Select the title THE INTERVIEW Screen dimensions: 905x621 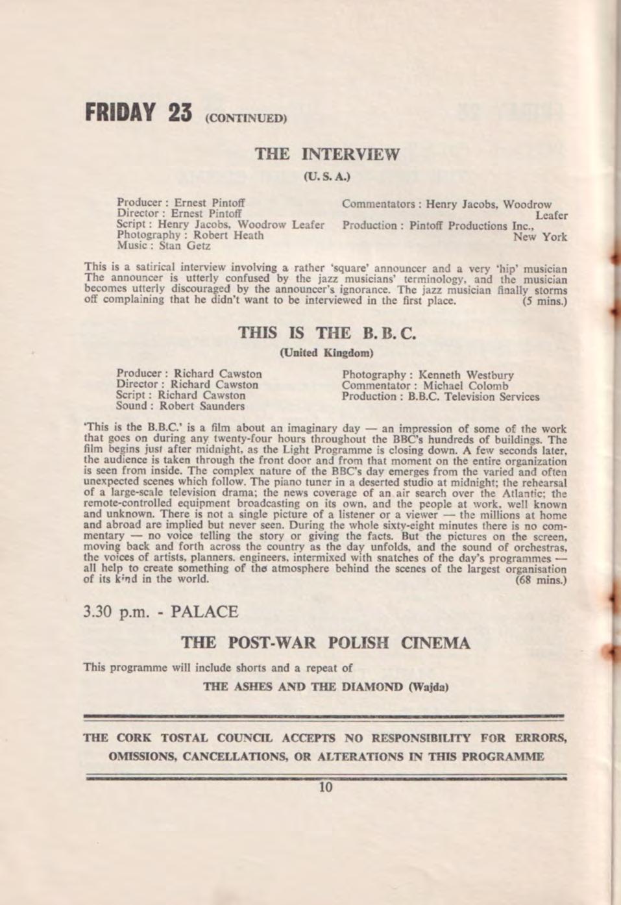327,155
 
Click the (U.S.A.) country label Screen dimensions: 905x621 327,175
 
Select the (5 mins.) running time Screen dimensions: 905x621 544,302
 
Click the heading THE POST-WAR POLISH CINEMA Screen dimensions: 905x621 326,643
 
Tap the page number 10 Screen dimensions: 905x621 326,788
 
